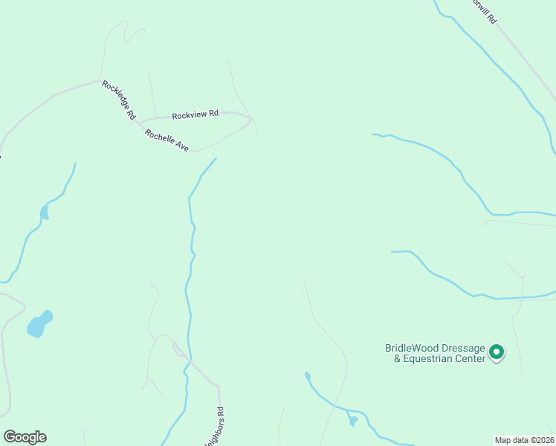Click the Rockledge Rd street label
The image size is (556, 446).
click(x=119, y=100)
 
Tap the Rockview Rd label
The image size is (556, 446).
click(x=195, y=114)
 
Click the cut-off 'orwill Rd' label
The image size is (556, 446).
click(x=482, y=10)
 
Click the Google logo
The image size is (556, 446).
click(x=25, y=437)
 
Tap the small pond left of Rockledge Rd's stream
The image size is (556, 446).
click(x=44, y=213)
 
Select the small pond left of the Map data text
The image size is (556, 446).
click(x=353, y=421)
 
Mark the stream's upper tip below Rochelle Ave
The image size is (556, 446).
click(x=216, y=159)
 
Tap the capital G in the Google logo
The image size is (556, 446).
click(x=9, y=437)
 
